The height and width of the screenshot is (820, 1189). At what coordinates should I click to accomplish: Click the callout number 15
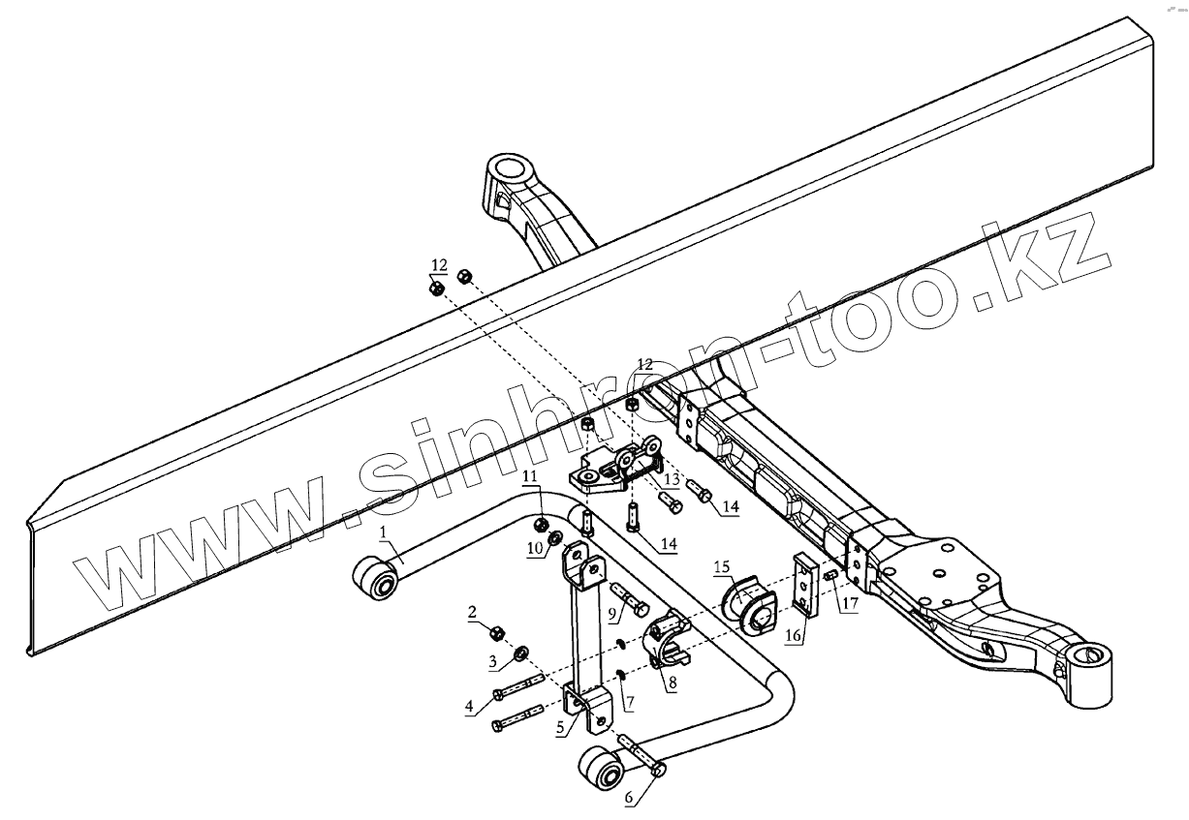[721, 565]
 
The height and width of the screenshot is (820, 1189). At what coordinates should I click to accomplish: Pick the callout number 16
[793, 636]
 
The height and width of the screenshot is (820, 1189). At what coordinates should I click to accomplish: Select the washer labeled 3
[519, 653]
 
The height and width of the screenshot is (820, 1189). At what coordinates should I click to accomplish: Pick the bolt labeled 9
[629, 599]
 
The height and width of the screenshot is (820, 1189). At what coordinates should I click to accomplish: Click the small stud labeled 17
[829, 578]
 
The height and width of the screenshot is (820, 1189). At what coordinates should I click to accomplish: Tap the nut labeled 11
[541, 525]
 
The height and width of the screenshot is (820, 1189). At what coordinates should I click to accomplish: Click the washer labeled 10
[556, 537]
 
